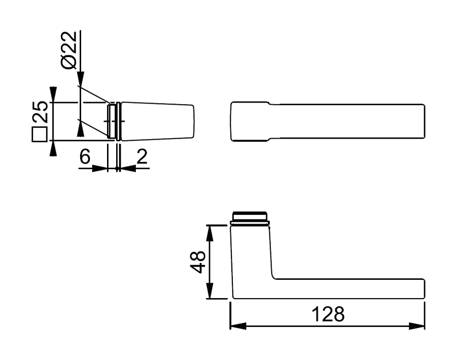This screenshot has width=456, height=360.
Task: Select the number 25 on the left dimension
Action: coord(41,113)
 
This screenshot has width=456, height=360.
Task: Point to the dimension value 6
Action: coord(85,157)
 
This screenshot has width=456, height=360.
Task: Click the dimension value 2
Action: coord(142,157)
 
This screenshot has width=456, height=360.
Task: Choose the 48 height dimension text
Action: coord(198,262)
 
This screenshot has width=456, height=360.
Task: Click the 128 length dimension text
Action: coord(328,314)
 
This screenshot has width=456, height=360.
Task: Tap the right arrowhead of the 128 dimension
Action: coord(417,325)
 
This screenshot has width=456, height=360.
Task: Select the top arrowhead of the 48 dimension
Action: coord(209,231)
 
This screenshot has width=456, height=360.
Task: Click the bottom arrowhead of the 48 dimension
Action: coord(209,292)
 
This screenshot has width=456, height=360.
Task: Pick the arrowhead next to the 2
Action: coord(126,168)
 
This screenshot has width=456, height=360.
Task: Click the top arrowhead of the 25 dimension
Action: coord(53,94)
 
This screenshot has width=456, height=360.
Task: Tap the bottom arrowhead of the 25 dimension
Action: coord(53,149)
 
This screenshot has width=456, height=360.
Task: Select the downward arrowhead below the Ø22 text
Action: coord(80,77)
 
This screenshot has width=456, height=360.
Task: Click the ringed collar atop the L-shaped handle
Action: coord(249,218)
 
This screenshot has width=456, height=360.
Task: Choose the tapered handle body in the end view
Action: coord(157,121)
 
